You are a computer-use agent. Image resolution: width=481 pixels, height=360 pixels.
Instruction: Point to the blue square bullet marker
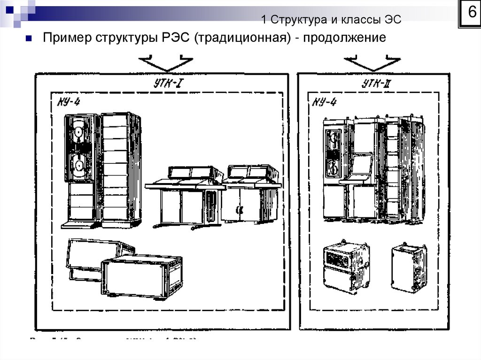point(29,38)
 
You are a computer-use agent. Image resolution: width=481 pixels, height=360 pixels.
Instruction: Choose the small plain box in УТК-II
point(409,268)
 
